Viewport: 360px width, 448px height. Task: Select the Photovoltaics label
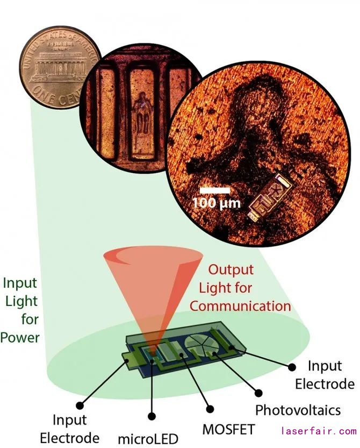tap(298, 410)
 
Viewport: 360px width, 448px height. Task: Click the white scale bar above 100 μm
tap(214, 190)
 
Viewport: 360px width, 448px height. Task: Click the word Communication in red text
tap(240, 307)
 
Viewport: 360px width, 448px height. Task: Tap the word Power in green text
tap(20, 338)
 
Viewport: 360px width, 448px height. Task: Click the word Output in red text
tap(231, 269)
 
